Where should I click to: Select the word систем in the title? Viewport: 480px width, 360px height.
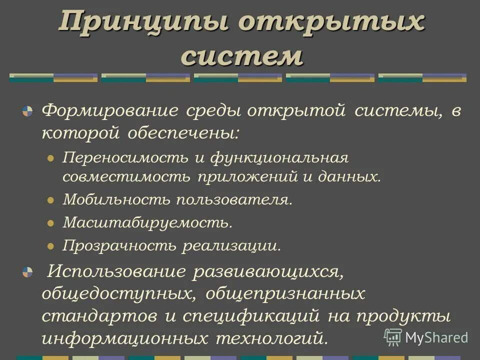pos(242,56)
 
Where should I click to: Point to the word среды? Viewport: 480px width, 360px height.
pos(213,110)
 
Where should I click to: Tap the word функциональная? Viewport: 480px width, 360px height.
pos(278,158)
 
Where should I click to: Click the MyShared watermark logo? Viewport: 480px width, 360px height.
pos(426,337)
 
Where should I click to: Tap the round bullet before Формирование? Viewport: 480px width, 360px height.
pos(27,111)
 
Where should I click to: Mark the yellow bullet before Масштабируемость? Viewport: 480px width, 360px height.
pos(50,223)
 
